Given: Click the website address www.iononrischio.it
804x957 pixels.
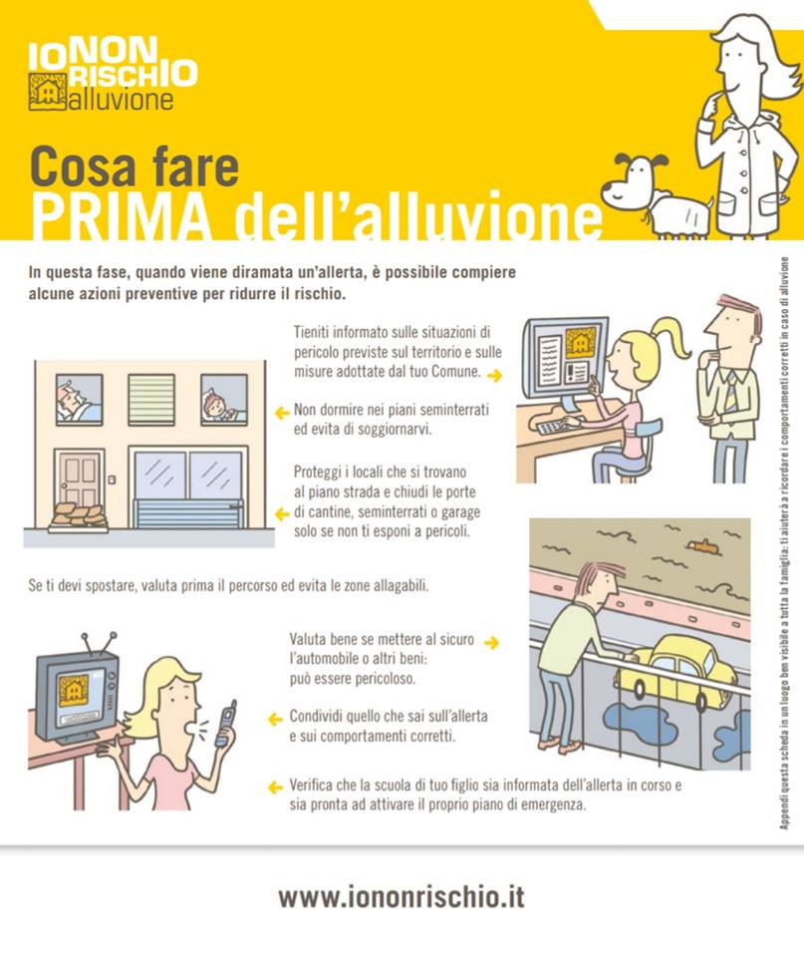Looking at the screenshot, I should click(401, 896).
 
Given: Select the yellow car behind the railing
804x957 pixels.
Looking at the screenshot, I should click(676, 665).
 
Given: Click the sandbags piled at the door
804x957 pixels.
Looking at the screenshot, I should click(78, 517).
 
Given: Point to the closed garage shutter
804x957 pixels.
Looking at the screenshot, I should click(188, 512).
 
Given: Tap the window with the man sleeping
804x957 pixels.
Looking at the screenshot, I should click(79, 399).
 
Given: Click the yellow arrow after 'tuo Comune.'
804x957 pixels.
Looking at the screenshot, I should click(493, 376).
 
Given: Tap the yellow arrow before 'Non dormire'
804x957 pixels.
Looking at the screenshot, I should click(282, 411).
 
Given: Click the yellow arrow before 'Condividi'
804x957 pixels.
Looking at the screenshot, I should click(276, 718).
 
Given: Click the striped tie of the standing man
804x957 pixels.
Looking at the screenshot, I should click(731, 389).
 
